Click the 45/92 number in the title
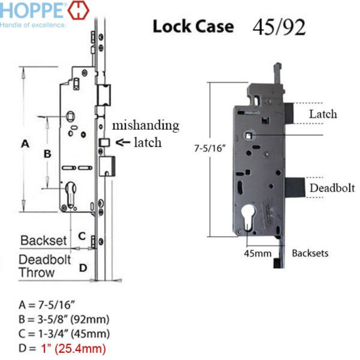point(279,27)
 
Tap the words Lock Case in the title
point(193,27)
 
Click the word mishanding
point(145,125)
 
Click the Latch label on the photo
point(323,114)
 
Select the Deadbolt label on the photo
point(332,188)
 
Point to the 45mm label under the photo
point(258,254)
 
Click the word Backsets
point(310,253)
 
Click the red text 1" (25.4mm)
point(73,349)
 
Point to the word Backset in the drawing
point(44,240)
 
